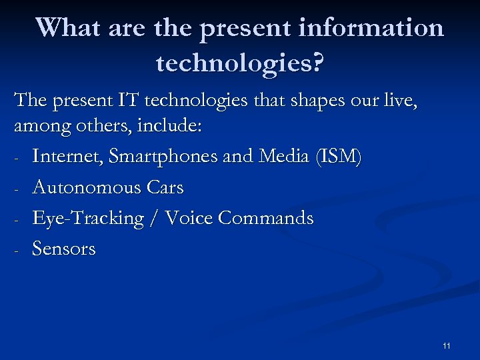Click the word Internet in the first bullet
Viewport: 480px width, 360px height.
[67, 157]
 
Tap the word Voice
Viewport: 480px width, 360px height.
[189, 219]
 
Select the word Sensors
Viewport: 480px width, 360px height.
[64, 249]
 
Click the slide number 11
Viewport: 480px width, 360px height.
[446, 345]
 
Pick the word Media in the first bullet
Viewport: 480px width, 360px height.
[271, 157]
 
